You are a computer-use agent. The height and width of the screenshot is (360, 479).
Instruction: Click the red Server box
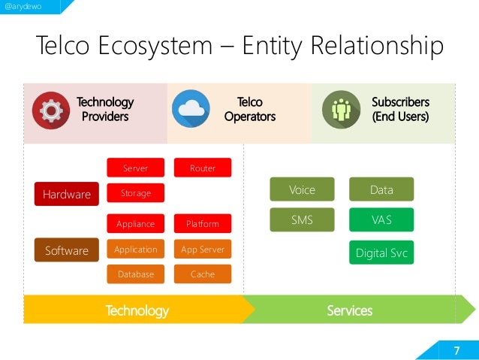pos(136,168)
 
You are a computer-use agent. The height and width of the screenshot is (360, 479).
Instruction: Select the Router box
pos(203,168)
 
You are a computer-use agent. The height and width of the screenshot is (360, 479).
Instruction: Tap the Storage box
pos(136,193)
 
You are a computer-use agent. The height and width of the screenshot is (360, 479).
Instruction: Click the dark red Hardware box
pos(67,194)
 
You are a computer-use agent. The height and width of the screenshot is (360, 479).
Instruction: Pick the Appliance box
pos(136,223)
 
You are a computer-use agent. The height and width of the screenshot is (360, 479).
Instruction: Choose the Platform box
pos(203,223)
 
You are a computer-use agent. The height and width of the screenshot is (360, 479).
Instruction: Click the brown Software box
pos(67,250)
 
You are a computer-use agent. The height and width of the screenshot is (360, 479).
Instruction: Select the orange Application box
pos(136,249)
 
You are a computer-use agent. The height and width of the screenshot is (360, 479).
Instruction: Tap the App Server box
pos(203,249)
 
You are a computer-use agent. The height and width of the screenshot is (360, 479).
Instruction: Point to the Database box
pos(136,274)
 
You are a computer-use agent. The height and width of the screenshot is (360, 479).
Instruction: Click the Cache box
pos(203,274)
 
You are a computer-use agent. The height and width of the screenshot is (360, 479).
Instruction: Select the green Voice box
pos(302,189)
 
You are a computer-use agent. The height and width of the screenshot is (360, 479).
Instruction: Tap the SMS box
pos(302,219)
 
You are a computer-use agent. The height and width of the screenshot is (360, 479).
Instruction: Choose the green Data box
pos(381,189)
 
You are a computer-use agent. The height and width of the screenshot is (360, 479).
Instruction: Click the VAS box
pos(381,219)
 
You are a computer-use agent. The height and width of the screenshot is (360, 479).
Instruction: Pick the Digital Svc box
pos(381,253)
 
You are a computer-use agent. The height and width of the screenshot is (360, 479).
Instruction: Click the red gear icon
pos(51,110)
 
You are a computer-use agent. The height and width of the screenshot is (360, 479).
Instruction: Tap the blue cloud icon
pos(191,110)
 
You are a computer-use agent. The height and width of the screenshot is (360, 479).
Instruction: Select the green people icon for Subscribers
pos(341,110)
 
